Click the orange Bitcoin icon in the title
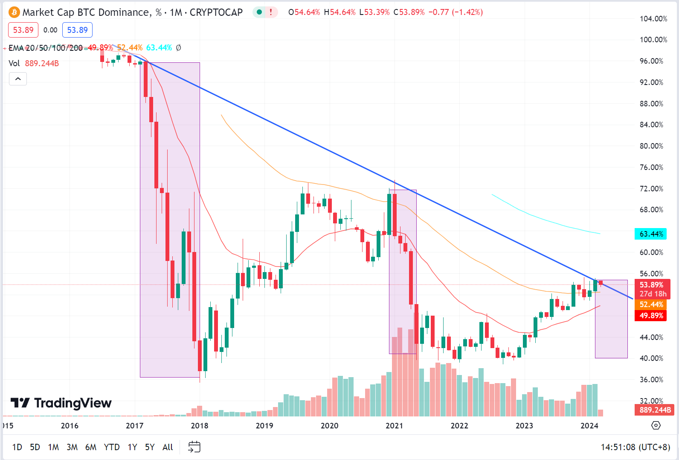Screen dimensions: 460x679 14,12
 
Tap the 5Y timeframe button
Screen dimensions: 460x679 150,447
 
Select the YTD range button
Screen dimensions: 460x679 112,447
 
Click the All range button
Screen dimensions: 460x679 168,447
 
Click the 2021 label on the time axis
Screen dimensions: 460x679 394,425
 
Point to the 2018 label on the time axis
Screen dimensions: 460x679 199,425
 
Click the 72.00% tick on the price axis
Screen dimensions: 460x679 651,188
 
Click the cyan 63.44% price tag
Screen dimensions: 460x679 651,234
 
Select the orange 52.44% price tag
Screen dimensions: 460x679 651,305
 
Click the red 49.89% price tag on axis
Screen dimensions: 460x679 651,316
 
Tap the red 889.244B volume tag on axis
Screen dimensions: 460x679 655,410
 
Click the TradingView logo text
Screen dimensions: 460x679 73,403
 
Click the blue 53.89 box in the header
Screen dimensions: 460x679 77,30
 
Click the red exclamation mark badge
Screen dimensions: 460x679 270,12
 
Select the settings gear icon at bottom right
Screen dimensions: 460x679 656,425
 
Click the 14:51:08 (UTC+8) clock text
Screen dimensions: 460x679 635,447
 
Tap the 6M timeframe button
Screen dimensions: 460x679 90,447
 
